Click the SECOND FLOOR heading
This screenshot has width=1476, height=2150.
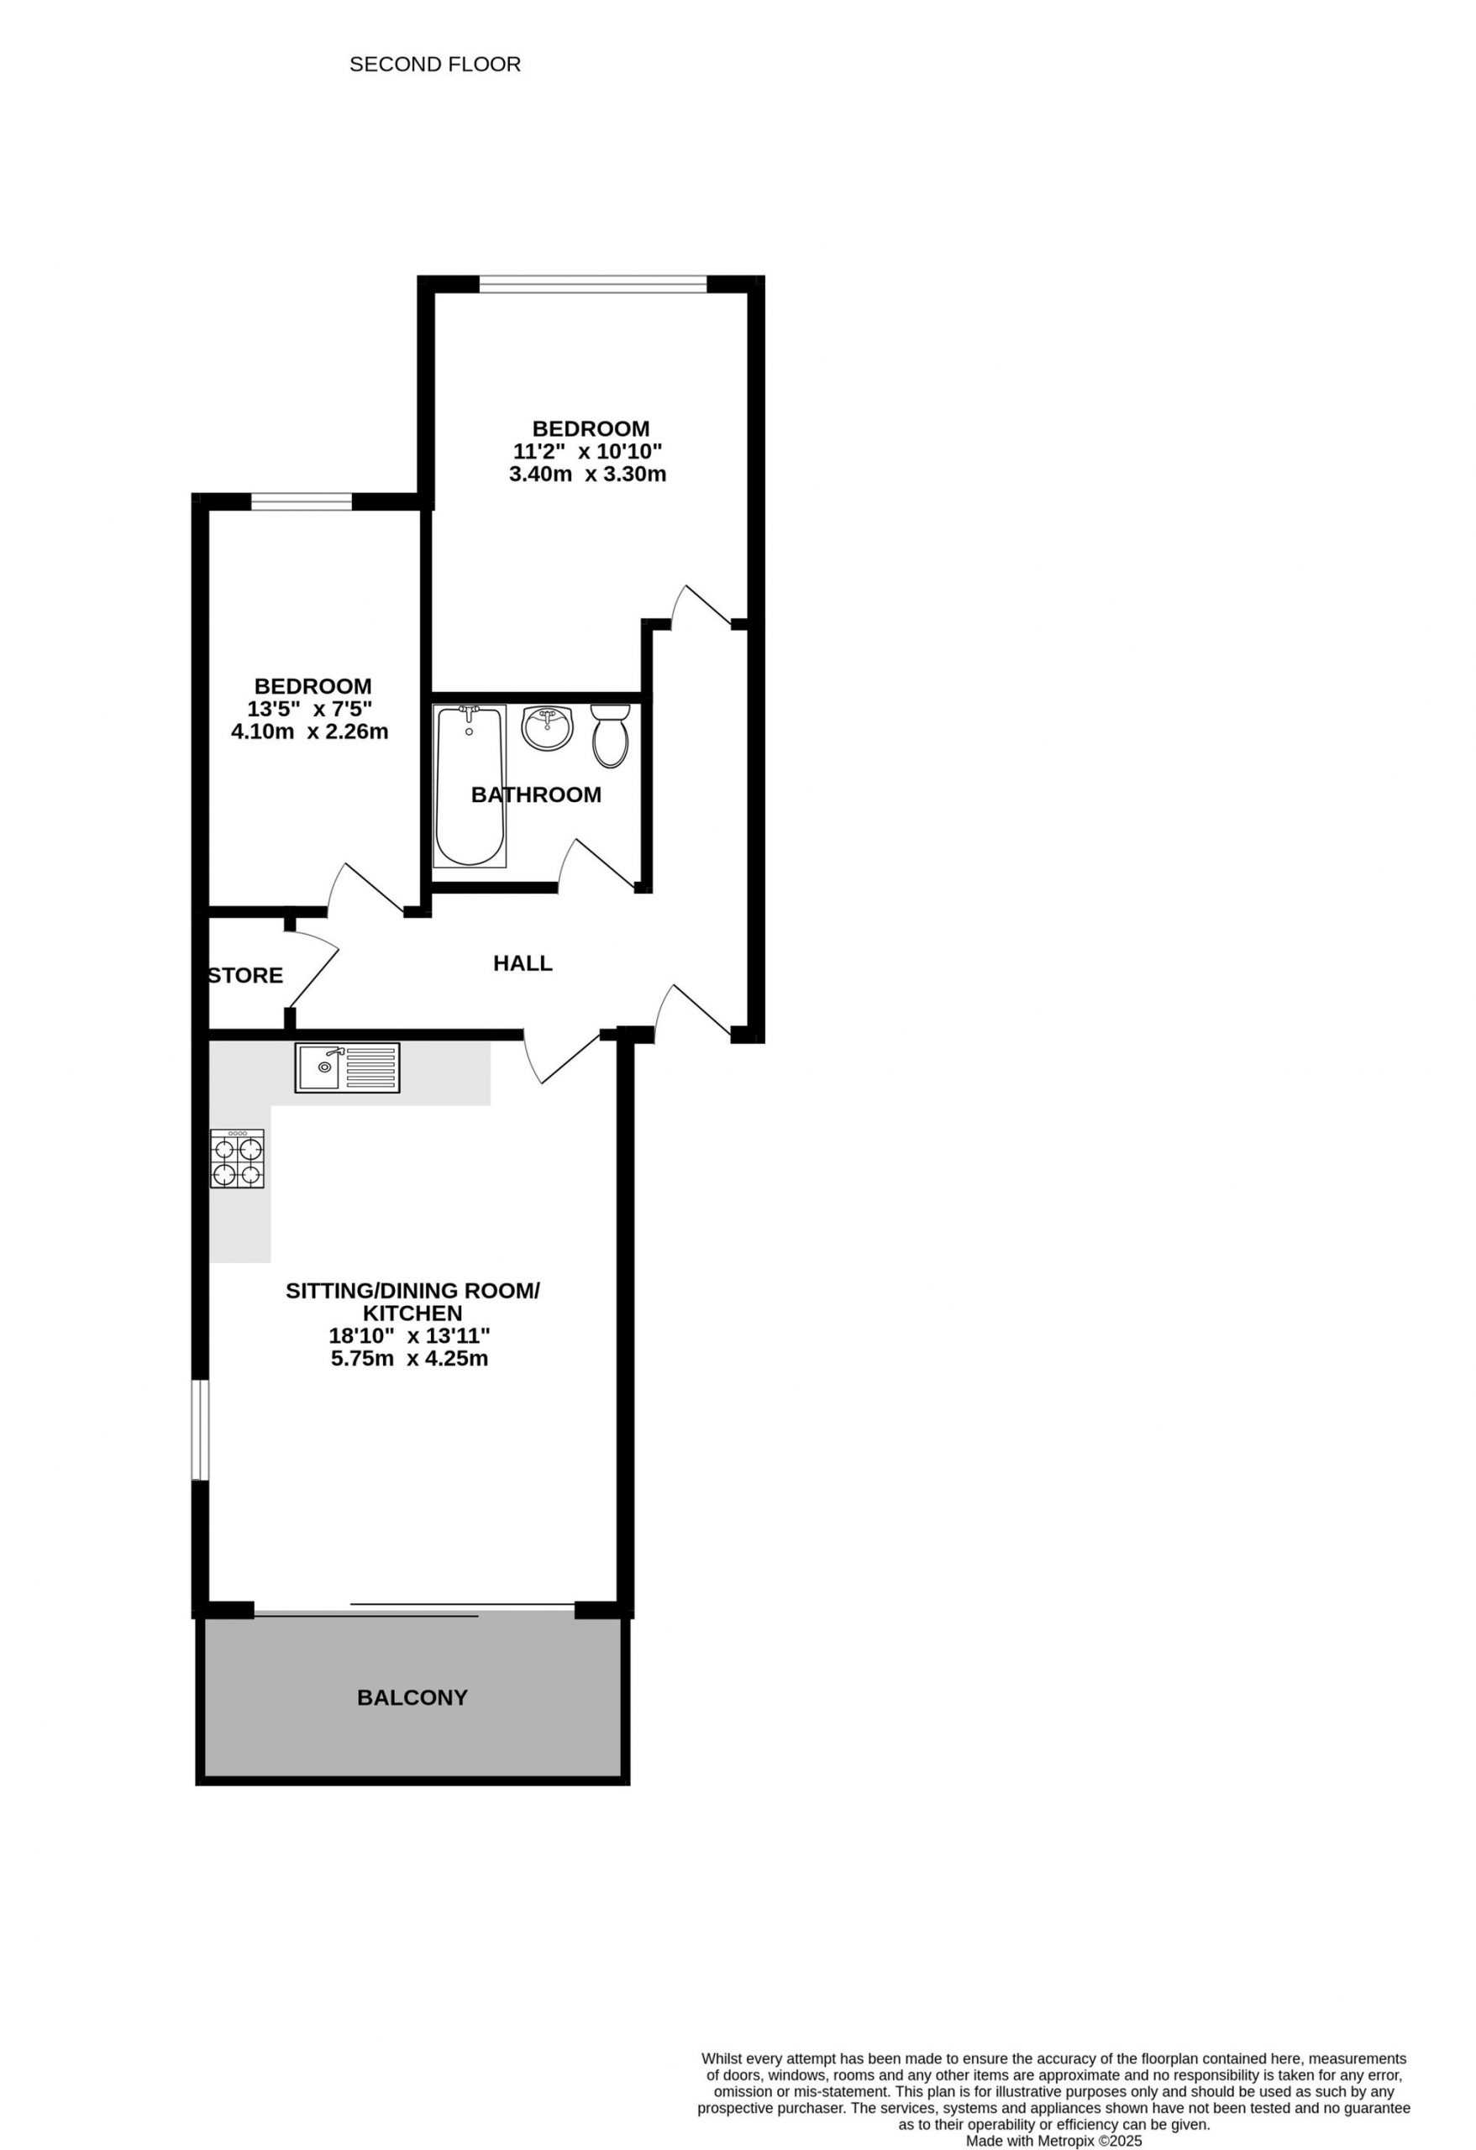[x=435, y=64]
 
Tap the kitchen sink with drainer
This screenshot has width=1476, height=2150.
[x=347, y=1067]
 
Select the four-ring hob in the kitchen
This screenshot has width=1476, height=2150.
[x=237, y=1159]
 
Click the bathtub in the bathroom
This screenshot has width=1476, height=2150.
[x=470, y=786]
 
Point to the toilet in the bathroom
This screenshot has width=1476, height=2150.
[x=610, y=736]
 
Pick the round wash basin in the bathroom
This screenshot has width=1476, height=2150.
[x=547, y=729]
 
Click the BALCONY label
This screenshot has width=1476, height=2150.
[x=412, y=1697]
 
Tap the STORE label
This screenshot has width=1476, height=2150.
[x=246, y=975]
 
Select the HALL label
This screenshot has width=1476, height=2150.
[x=523, y=963]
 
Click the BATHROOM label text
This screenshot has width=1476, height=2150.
[x=536, y=794]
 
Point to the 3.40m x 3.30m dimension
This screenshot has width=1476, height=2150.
[x=587, y=475]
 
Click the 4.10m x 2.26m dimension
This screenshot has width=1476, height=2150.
[x=310, y=732]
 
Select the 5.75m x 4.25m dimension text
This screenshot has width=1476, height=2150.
[x=409, y=1359]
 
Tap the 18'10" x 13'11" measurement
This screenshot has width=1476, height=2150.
[x=409, y=1336]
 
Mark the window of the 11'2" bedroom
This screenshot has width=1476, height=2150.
[x=593, y=284]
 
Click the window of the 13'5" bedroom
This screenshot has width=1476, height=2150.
[x=302, y=502]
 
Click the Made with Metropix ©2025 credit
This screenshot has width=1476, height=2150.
[x=1054, y=2141]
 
